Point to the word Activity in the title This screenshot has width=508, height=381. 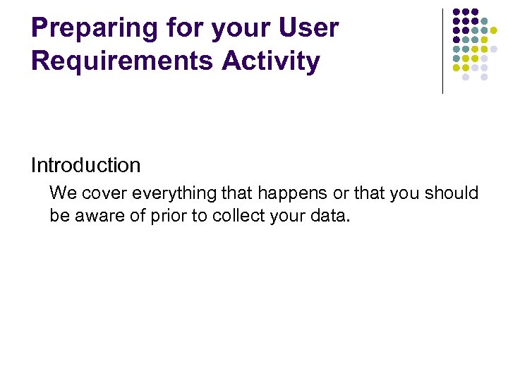pyautogui.click(x=271, y=61)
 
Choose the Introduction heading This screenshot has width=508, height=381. pyautogui.click(x=85, y=166)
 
